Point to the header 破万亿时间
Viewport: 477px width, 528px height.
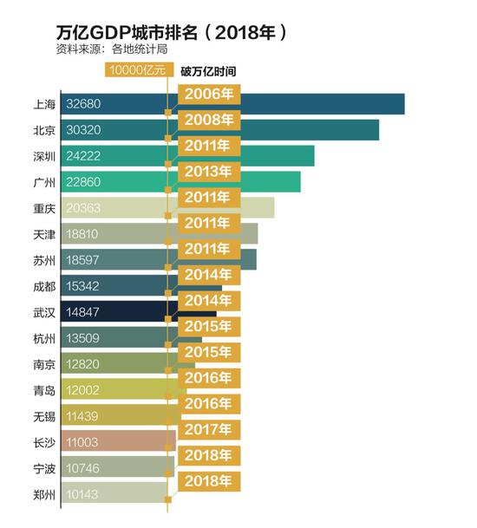point(207,70)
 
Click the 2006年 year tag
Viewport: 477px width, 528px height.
point(208,94)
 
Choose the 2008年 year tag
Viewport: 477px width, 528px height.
point(208,120)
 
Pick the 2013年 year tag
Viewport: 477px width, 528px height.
point(208,171)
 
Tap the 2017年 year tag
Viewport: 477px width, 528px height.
point(208,429)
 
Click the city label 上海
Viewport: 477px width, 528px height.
point(44,105)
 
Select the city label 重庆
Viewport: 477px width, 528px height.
point(44,209)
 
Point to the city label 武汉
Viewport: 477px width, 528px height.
point(44,313)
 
